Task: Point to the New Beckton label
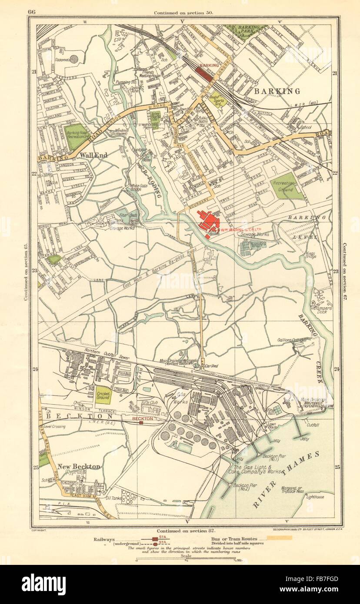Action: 79,466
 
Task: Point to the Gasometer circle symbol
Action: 74,59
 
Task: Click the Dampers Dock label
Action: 321,308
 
